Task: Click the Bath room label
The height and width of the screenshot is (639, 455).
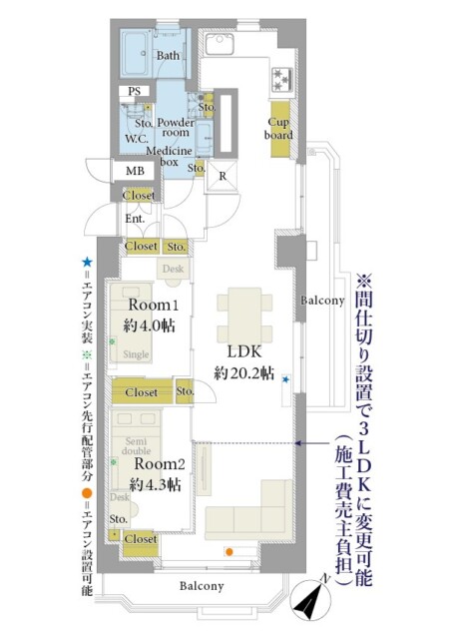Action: pos(168,56)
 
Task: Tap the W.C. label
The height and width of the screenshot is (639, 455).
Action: pos(136,139)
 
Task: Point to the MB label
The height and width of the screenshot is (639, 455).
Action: pos(135,172)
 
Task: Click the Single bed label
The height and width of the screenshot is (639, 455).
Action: pos(136,354)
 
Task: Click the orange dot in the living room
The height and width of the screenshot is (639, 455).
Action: pos(229,551)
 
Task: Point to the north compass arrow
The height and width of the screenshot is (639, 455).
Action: pos(313,602)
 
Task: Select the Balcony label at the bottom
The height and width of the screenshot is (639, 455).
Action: pos(202,586)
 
